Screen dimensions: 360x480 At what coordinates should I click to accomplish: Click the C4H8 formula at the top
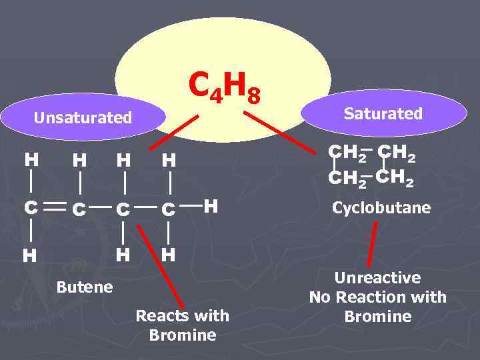click(223, 87)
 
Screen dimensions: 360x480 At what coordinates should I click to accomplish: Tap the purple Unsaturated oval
click(83, 119)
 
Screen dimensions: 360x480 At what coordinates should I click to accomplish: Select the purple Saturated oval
click(383, 114)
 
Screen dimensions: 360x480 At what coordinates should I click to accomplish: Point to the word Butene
click(85, 288)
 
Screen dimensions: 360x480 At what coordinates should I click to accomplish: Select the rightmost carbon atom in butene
click(169, 209)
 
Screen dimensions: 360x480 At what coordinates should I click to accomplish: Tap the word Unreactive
click(377, 278)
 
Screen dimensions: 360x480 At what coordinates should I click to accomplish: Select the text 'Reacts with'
click(182, 315)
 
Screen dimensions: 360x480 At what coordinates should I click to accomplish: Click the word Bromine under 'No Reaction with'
click(377, 316)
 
